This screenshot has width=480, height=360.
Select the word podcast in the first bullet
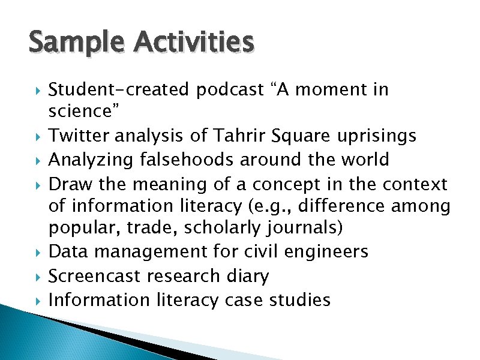tap(230, 90)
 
